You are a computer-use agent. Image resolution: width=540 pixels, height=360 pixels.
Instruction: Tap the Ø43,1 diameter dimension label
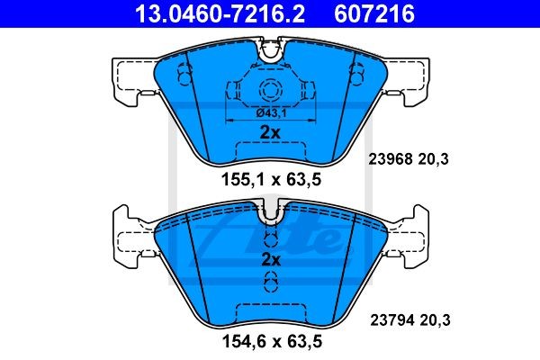[x=269, y=112]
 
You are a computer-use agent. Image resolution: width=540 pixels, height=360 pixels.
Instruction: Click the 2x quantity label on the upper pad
[x=270, y=131]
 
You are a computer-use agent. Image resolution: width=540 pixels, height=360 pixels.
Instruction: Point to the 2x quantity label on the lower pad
[x=270, y=259]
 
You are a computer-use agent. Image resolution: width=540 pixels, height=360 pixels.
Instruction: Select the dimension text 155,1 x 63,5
[x=271, y=179]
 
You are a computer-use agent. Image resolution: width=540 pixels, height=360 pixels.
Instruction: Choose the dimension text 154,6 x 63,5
[x=271, y=342]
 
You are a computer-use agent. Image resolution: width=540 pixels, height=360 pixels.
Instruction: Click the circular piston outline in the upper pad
[x=270, y=90]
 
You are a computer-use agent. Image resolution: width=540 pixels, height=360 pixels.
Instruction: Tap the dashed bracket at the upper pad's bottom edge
[x=270, y=147]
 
